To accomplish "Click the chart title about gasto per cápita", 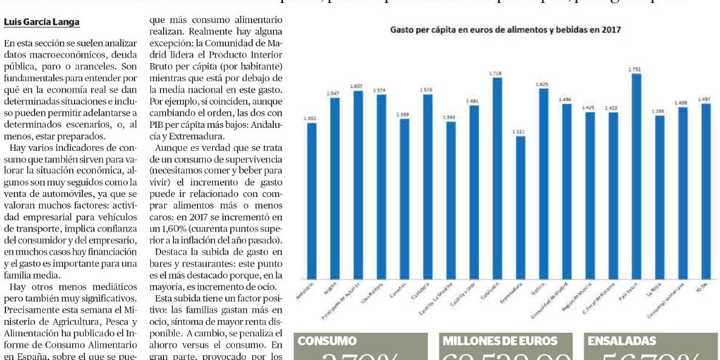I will (x=505, y=29).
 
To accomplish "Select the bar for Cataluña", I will (x=497, y=182).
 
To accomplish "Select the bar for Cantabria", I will (x=428, y=188).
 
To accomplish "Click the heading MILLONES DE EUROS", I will (x=501, y=341).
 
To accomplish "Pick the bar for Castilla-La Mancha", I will (x=450, y=200).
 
